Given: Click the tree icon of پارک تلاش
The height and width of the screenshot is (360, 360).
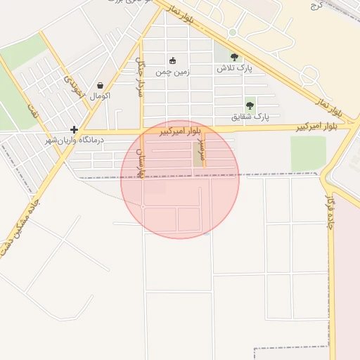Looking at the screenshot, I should coord(234,58).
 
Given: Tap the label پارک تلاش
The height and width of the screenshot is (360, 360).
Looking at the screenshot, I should coord(234,68).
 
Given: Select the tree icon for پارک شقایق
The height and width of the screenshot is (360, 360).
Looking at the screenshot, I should coord(250,105).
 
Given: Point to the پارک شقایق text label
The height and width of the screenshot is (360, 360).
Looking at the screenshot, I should coord(250,116).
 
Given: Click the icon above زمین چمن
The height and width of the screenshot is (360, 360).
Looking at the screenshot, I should coord(173,60).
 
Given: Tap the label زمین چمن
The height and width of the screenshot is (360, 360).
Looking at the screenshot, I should coord(173,71).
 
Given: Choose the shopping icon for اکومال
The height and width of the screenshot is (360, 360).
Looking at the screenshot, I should coord(100,85).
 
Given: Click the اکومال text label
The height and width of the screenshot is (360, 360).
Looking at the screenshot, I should coord(101,95).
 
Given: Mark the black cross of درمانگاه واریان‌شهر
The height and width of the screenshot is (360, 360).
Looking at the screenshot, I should coord(74,129).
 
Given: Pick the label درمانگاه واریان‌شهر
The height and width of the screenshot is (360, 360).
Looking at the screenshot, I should coord(75,140).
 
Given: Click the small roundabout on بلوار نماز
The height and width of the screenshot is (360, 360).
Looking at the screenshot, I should coord(233,32).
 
